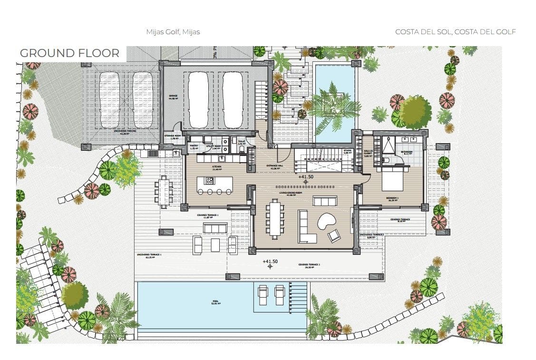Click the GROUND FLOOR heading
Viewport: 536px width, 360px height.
(x=69, y=53)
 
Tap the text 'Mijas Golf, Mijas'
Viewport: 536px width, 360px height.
(x=173, y=32)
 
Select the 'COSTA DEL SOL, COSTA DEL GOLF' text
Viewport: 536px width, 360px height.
(x=455, y=32)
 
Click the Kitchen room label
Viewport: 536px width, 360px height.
(x=216, y=167)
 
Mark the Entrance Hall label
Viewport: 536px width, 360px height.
(x=274, y=167)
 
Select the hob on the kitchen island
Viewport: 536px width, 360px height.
(x=209, y=181)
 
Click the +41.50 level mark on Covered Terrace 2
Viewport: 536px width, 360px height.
(x=270, y=262)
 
